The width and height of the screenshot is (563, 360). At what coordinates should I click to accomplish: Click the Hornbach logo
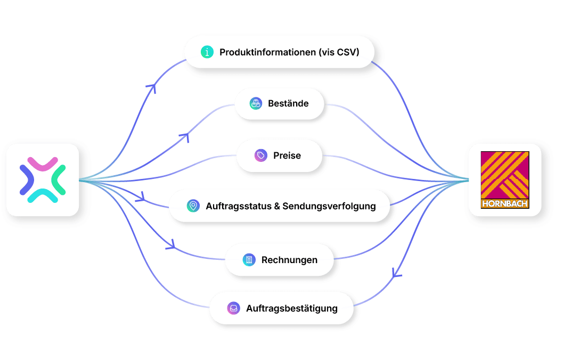pyautogui.click(x=505, y=180)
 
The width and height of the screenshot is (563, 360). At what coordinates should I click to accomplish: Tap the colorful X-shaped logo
pyautogui.click(x=43, y=180)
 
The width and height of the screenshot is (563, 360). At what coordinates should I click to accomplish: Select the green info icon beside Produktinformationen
pyautogui.click(x=207, y=52)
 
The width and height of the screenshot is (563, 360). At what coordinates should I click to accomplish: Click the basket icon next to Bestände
pyautogui.click(x=256, y=103)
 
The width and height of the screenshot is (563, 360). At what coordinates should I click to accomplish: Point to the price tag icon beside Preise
pyautogui.click(x=261, y=156)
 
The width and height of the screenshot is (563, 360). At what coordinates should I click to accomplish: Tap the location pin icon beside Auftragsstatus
pyautogui.click(x=193, y=206)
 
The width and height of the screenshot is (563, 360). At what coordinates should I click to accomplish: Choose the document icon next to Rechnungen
pyautogui.click(x=249, y=259)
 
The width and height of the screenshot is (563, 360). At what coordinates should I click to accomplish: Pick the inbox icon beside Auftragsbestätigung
pyautogui.click(x=234, y=308)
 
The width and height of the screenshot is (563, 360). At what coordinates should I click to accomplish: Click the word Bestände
pyautogui.click(x=288, y=103)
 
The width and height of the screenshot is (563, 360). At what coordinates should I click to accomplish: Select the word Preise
pyautogui.click(x=287, y=156)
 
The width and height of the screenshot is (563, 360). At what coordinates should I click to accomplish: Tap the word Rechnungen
pyautogui.click(x=289, y=260)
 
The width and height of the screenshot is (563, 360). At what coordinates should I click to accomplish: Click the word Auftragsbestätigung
pyautogui.click(x=292, y=308)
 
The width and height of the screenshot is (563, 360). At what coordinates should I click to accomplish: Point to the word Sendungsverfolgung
pyautogui.click(x=329, y=207)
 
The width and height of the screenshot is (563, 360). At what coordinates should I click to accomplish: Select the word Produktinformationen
pyautogui.click(x=268, y=52)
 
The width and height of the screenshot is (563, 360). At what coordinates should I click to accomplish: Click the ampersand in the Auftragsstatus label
pyautogui.click(x=277, y=207)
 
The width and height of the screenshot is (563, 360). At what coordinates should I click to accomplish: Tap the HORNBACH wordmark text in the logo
pyautogui.click(x=505, y=203)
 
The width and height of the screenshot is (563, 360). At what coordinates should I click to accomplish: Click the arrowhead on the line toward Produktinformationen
pyautogui.click(x=152, y=87)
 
